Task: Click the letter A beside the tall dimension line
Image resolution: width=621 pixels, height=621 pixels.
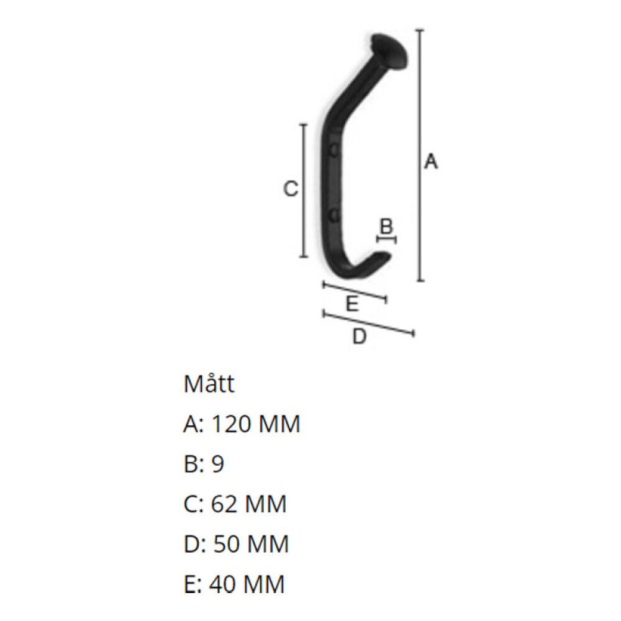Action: click(430, 162)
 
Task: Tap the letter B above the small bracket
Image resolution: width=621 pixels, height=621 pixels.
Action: click(386, 227)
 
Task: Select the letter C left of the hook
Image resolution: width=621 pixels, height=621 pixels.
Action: click(290, 189)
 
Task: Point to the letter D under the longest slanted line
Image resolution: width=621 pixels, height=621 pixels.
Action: click(359, 337)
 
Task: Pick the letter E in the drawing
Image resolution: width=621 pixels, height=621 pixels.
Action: click(351, 304)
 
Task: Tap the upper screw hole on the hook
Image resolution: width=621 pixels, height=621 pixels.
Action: click(334, 150)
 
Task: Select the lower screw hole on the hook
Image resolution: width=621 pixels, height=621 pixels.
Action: click(334, 215)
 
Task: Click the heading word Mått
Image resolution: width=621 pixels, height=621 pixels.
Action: click(209, 384)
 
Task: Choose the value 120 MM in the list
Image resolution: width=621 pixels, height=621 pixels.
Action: click(256, 425)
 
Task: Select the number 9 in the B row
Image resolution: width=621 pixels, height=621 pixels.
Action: click(217, 465)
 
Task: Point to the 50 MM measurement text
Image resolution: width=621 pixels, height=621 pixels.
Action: click(251, 544)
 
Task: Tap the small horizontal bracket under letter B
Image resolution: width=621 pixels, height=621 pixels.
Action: click(387, 238)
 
